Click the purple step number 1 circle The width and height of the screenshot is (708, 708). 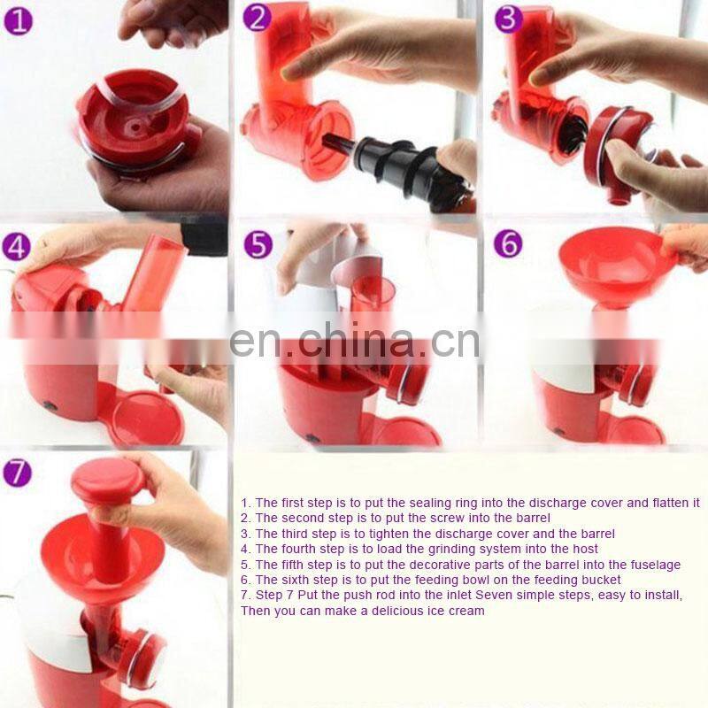point(18,21)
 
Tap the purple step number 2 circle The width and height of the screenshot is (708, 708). point(257,18)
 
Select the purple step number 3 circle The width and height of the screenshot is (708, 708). point(508,19)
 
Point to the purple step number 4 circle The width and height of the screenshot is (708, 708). point(16,247)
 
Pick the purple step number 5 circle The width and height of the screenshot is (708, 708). point(258,244)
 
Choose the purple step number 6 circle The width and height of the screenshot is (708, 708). point(507,243)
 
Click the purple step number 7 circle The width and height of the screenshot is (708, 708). point(17,473)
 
